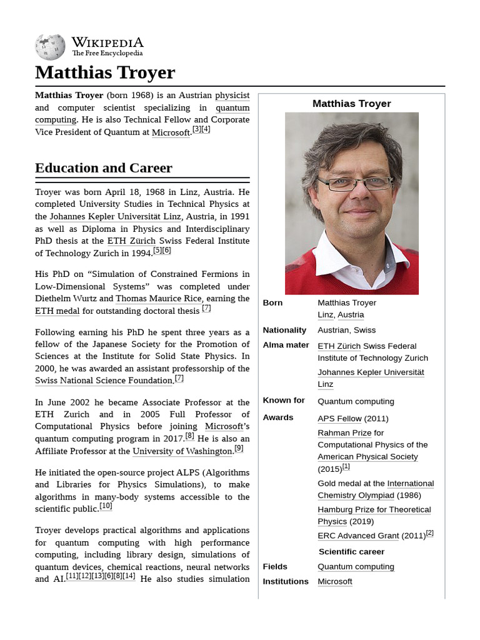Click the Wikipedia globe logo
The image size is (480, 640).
pyautogui.click(x=50, y=47)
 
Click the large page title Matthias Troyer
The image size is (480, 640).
pyautogui.click(x=105, y=72)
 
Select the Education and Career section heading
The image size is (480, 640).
pyautogui.click(x=104, y=167)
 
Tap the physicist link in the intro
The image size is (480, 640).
pyautogui.click(x=232, y=96)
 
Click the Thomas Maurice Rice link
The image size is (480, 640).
pyautogui.click(x=159, y=299)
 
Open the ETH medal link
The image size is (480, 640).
pyautogui.click(x=57, y=311)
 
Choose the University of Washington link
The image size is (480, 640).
pyautogui.click(x=182, y=451)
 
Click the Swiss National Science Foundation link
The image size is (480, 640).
pyautogui.click(x=104, y=380)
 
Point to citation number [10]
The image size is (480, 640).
pyautogui.click(x=106, y=506)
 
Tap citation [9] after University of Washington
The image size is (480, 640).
pyautogui.click(x=239, y=448)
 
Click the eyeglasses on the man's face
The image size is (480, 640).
pyautogui.click(x=354, y=184)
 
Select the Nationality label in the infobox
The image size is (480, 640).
pyautogui.click(x=284, y=330)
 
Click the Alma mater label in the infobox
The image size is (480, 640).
pyautogui.click(x=286, y=345)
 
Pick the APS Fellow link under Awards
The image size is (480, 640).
pyautogui.click(x=339, y=418)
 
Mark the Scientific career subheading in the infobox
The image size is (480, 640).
pyautogui.click(x=351, y=552)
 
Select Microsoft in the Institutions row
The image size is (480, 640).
pyautogui.click(x=334, y=581)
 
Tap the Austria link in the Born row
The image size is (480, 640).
pyautogui.click(x=351, y=314)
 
